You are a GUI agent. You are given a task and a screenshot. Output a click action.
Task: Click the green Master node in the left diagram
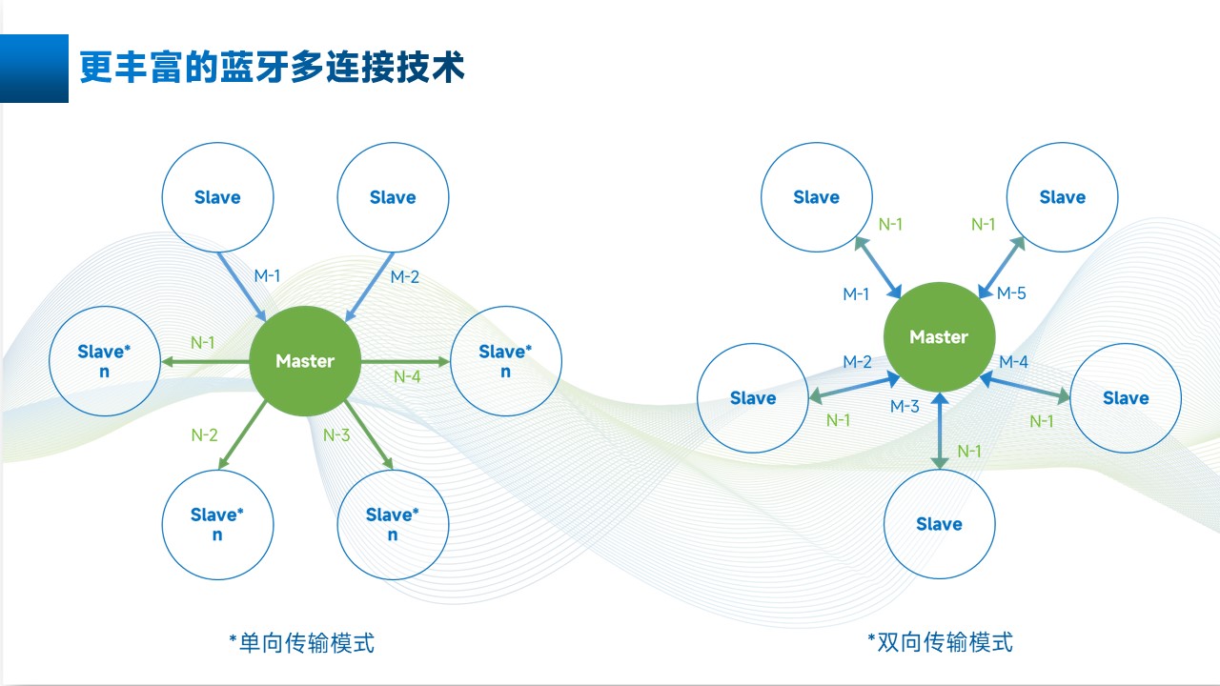(305, 360)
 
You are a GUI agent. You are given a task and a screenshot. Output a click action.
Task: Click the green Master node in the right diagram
(939, 336)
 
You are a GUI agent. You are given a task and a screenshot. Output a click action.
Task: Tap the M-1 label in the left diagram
(267, 276)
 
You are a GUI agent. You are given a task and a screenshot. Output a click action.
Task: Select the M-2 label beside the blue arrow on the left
(405, 277)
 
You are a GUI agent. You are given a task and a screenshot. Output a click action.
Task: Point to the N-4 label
(407, 376)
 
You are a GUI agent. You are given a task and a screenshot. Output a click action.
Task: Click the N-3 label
(336, 435)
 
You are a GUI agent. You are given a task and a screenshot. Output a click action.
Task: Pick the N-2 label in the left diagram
(205, 435)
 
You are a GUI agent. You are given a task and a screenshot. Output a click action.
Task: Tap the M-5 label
(1011, 293)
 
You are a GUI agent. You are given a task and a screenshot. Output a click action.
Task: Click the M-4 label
(1013, 362)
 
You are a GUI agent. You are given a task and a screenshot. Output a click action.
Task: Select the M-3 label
(905, 407)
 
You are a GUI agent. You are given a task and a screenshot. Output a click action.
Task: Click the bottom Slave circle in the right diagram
(939, 523)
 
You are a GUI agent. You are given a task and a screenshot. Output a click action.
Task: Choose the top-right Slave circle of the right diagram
(1062, 197)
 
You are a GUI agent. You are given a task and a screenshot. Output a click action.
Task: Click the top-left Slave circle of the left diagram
(217, 197)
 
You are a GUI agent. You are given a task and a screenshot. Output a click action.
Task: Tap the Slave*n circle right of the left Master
(505, 360)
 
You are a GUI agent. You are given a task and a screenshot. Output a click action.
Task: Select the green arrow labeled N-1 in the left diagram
(205, 361)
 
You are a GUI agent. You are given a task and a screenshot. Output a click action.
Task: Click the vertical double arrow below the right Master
(940, 431)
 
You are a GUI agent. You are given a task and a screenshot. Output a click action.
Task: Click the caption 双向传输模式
(940, 642)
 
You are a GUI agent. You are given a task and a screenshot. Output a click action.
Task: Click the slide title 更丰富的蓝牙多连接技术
(272, 68)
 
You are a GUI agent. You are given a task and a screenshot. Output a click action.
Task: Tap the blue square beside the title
(34, 68)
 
